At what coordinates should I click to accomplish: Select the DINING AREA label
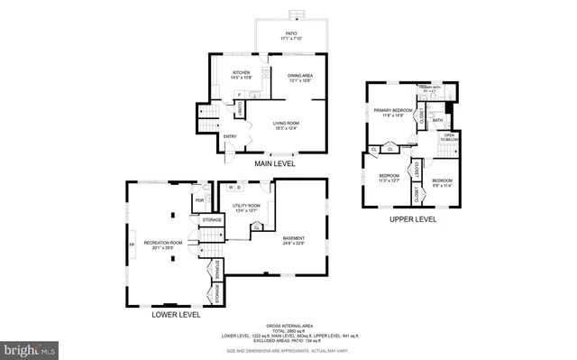(300, 77)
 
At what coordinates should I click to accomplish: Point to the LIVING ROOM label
(287, 124)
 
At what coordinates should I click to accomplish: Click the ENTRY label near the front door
(230, 137)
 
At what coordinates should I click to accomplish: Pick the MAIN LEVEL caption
(276, 164)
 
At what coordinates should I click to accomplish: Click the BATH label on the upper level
(437, 120)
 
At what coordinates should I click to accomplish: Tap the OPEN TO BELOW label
(448, 138)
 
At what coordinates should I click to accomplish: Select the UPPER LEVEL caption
(413, 219)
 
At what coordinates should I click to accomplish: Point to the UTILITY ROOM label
(246, 208)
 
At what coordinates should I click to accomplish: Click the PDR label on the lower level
(199, 200)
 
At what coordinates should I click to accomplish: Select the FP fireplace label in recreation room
(132, 245)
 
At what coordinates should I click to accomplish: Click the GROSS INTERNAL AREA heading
(289, 325)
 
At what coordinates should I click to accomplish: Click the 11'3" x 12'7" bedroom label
(389, 178)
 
